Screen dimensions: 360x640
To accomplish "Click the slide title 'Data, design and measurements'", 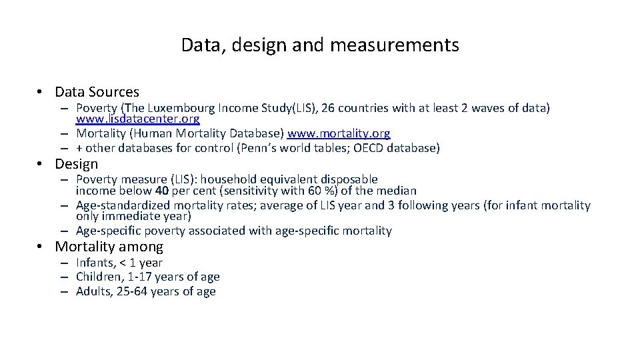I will pos(320,45).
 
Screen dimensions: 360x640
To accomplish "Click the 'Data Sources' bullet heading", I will pos(97,92).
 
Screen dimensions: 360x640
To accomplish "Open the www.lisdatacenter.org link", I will pos(137,119).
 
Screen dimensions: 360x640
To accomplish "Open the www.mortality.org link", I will pos(339,133).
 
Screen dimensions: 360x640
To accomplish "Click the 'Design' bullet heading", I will pos(76,164).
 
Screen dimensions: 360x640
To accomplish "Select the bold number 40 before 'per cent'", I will pos(161,191).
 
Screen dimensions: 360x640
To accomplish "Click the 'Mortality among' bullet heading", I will pos(109,247).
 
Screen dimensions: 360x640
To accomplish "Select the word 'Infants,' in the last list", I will pos(95,263).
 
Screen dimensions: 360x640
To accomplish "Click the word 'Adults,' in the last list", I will pos(93,291).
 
